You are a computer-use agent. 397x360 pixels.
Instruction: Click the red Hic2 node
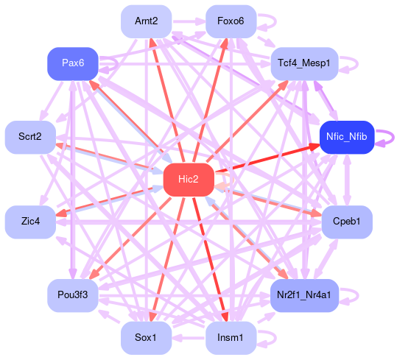click(189, 180)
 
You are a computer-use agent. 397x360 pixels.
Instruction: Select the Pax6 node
click(73, 63)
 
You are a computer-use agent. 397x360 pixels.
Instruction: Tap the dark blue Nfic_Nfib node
click(347, 137)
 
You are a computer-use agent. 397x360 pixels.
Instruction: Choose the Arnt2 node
click(147, 21)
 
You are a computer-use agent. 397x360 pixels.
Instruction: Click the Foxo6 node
click(231, 21)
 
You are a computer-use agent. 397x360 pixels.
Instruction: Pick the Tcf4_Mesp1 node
click(304, 63)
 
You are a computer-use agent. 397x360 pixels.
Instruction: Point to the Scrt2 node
click(30, 137)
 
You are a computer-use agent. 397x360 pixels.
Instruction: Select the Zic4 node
click(30, 222)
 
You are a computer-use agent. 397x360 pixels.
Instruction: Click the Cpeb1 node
click(347, 222)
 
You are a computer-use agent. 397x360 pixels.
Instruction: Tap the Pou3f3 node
click(73, 295)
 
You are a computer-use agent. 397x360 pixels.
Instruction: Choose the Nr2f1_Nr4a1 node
click(304, 295)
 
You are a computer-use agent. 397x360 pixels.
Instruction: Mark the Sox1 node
click(147, 338)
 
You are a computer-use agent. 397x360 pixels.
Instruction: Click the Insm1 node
click(231, 338)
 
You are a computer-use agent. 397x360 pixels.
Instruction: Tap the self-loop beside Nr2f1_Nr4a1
click(357, 296)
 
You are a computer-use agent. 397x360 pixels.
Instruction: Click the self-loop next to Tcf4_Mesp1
click(357, 64)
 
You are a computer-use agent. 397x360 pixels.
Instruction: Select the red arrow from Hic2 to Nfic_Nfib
click(267, 158)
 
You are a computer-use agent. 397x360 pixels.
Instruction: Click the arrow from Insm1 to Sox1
click(189, 338)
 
